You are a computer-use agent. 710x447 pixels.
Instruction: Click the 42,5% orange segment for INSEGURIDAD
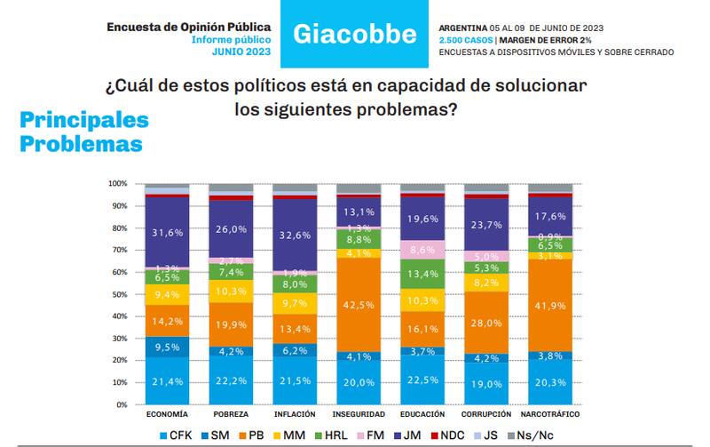(359, 305)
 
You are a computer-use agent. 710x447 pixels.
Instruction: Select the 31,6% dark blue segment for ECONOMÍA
(167, 232)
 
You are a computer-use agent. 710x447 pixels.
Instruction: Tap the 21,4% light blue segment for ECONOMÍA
(167, 380)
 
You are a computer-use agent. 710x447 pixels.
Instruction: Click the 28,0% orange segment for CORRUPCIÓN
(486, 323)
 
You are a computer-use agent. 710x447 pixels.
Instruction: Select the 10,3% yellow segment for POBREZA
(231, 291)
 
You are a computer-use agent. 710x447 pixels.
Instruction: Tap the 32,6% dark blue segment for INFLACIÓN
(295, 235)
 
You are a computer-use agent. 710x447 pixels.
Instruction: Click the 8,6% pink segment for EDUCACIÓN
(422, 250)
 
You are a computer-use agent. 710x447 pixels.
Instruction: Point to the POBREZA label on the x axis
(231, 414)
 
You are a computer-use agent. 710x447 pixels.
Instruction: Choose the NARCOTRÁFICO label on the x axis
(550, 414)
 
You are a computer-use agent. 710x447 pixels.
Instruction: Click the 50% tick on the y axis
(118, 294)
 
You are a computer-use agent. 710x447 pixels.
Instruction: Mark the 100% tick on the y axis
(116, 184)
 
